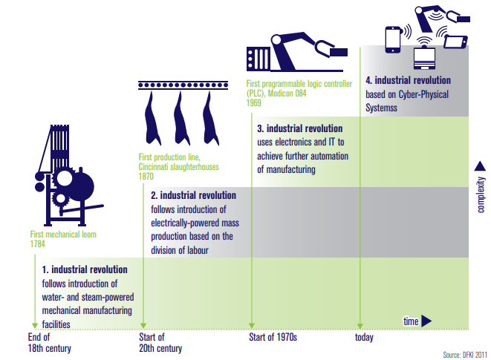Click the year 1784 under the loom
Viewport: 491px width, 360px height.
coord(38,244)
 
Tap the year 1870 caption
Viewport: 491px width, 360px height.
coord(146,177)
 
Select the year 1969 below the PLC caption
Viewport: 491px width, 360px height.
coord(253,103)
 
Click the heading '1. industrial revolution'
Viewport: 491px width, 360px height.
coord(85,269)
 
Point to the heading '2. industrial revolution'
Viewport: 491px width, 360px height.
coord(194,195)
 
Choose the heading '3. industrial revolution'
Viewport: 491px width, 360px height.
coord(300,128)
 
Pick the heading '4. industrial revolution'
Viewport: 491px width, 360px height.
coord(409,80)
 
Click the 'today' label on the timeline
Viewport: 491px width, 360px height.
coord(364,338)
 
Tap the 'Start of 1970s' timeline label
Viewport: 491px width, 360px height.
coord(273,337)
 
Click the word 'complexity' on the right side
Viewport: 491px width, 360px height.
coord(481,194)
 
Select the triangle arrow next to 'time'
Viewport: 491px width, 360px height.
coord(426,321)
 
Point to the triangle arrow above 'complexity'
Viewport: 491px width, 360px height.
coord(480,166)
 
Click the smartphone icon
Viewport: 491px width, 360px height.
coord(393,40)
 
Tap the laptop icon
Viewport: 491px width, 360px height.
coord(424,59)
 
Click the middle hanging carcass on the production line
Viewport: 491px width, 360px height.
coord(182,118)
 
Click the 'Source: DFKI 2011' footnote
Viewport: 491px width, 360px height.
coord(465,355)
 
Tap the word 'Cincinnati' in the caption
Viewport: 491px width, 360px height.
coord(156,167)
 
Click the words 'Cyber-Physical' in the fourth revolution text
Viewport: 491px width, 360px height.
coord(423,94)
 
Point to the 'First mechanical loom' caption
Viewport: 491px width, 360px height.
coord(63,235)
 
